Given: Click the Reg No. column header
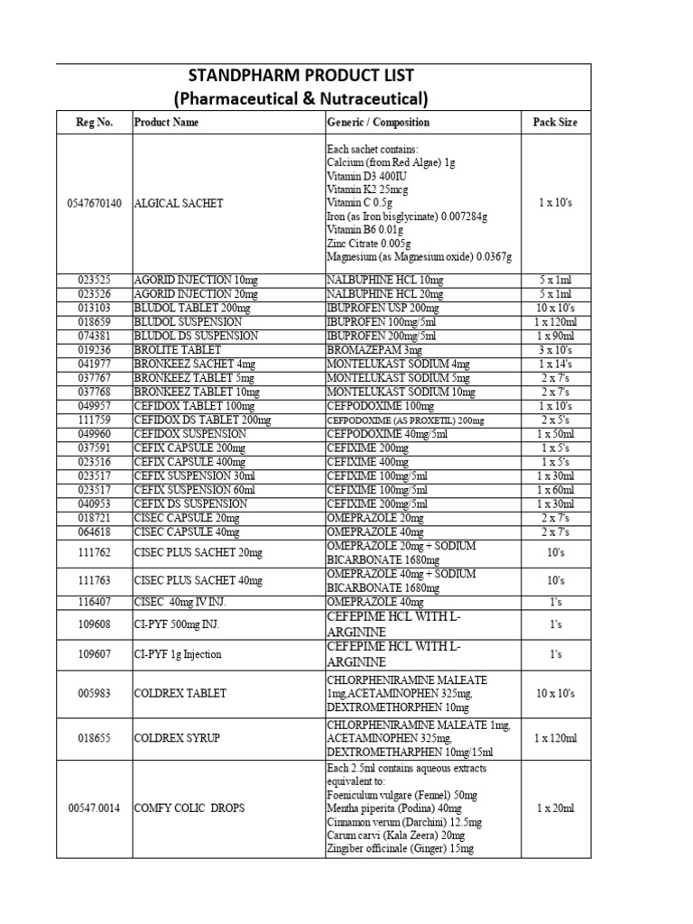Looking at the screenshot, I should coord(95,122).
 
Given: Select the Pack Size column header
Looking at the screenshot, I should coord(554,122).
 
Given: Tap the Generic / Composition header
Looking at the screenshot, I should coord(377,122).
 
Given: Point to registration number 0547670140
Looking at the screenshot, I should coord(95,204).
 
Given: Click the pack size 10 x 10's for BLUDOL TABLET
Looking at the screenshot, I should coord(554,308).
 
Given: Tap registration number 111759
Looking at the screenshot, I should coord(95,420).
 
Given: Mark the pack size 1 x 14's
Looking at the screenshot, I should coord(554,365).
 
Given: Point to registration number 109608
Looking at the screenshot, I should coord(95,624).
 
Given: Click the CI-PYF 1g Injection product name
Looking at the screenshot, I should coord(178,654).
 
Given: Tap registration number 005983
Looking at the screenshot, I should coord(95,693).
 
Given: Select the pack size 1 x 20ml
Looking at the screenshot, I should coord(554,808).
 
